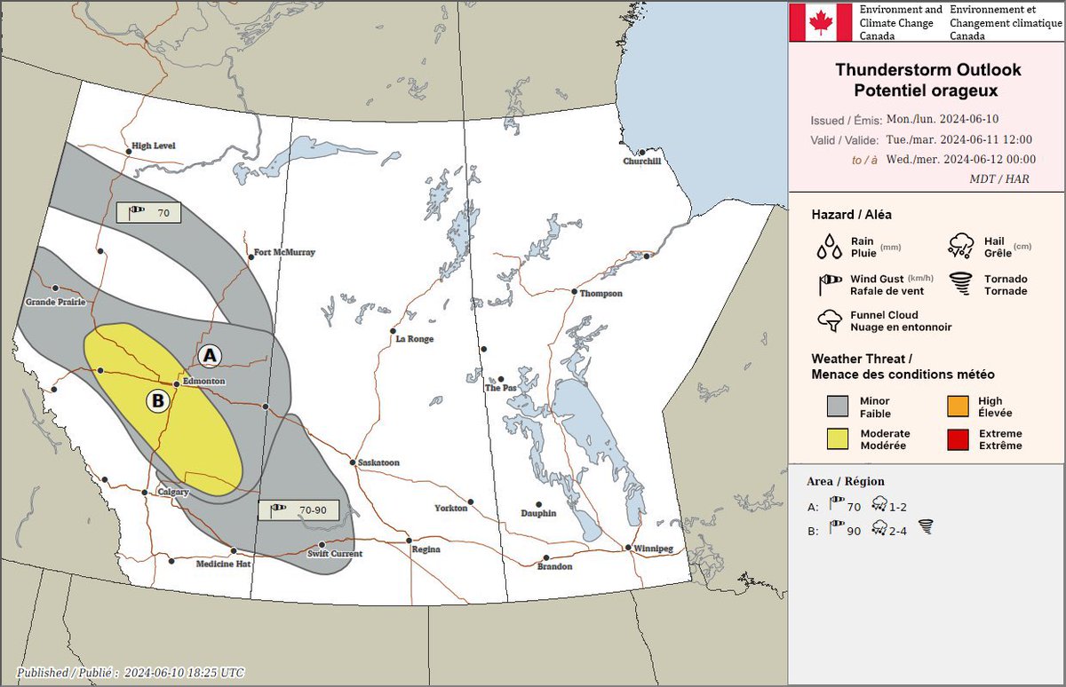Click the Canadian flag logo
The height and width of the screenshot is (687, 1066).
[x=822, y=22]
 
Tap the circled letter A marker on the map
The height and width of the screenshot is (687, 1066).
[x=210, y=355]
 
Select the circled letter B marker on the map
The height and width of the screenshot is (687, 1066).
[x=158, y=401]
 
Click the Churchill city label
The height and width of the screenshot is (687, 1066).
[x=641, y=161]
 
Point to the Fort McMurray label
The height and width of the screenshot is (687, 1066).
[x=284, y=252]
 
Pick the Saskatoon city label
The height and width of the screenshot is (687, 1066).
[x=378, y=462]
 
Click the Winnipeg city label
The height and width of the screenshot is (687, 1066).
[x=653, y=549]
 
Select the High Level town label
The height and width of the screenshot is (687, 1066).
[x=153, y=146]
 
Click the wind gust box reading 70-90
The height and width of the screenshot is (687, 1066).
[x=305, y=509]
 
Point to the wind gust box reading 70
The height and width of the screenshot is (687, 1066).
[x=149, y=213]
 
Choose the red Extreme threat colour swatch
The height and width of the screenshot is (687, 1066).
[x=958, y=439]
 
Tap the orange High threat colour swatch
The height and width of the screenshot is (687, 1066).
[x=958, y=407]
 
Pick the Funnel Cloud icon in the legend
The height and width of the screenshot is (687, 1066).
[x=831, y=320]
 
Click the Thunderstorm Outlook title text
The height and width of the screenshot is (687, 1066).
[x=927, y=70]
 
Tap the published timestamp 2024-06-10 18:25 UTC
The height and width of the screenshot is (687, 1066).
[x=184, y=672]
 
